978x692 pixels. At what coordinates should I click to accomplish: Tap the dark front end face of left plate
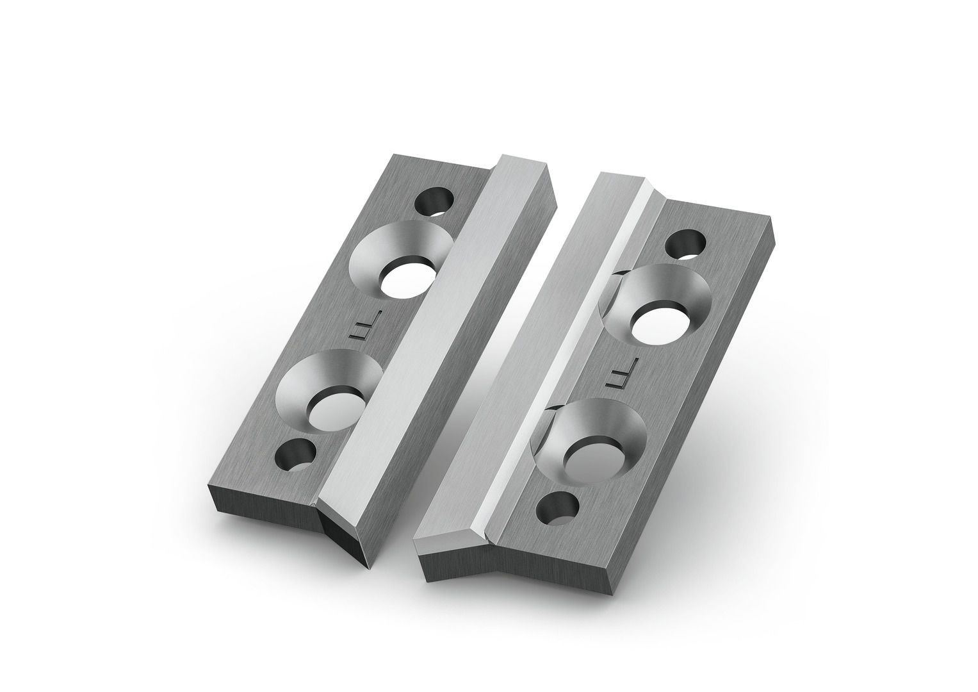(x=263, y=513)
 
